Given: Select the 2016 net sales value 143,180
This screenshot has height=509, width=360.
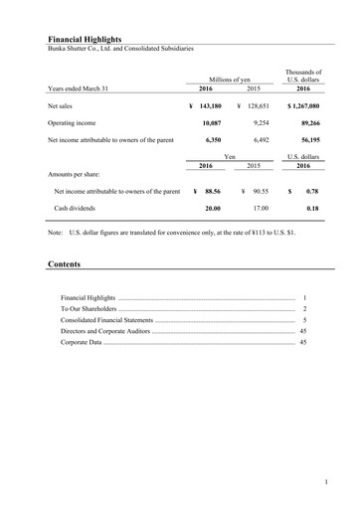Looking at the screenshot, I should pos(217,103).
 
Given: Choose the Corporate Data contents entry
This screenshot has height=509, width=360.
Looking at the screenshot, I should pos(83,342).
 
